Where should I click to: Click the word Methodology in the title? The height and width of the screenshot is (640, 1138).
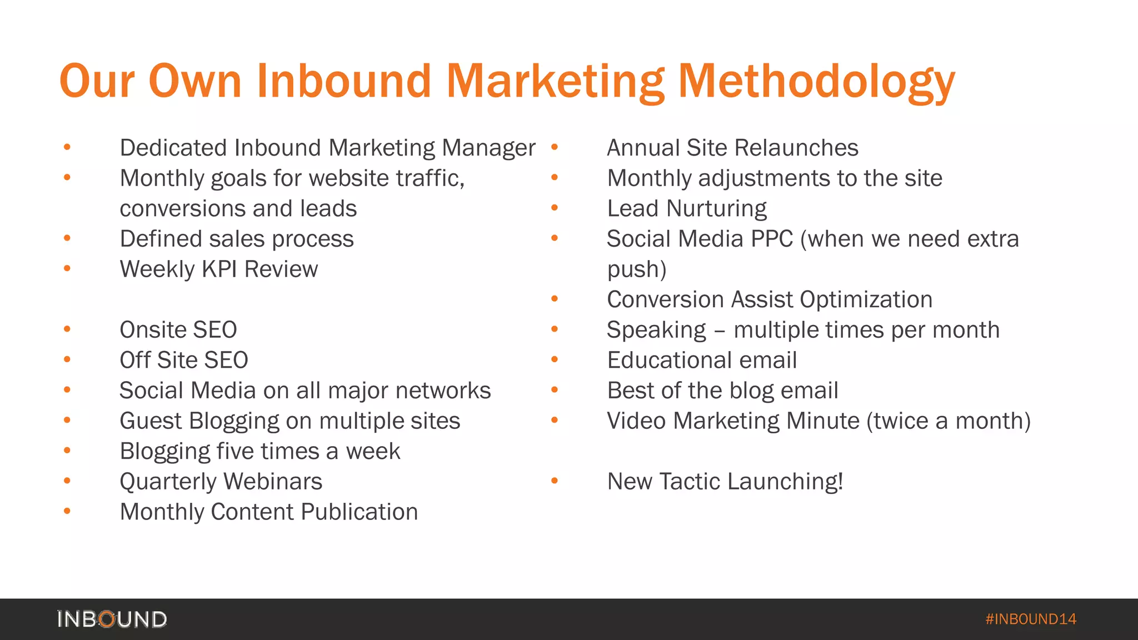(816, 82)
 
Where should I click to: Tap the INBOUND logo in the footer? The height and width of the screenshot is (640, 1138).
(112, 619)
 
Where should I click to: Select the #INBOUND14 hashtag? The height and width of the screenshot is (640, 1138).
(1031, 619)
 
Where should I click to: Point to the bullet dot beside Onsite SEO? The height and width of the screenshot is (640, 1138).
(67, 329)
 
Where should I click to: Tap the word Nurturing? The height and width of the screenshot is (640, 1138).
(717, 209)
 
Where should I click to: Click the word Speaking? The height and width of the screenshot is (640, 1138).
(656, 331)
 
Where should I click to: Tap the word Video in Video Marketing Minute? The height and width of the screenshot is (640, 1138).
(636, 421)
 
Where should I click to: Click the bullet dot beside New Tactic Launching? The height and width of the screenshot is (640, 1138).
(555, 481)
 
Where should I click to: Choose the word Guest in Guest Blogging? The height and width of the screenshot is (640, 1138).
(151, 421)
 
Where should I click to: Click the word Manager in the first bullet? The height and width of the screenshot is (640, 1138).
(488, 148)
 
